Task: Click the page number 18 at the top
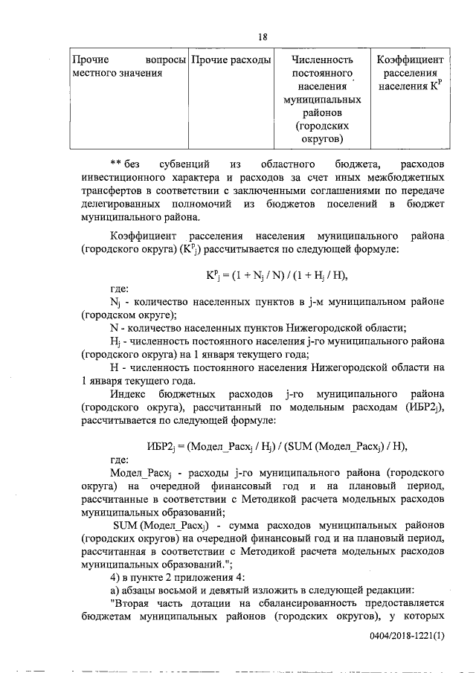[263, 38]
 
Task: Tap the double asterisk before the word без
[115, 164]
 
